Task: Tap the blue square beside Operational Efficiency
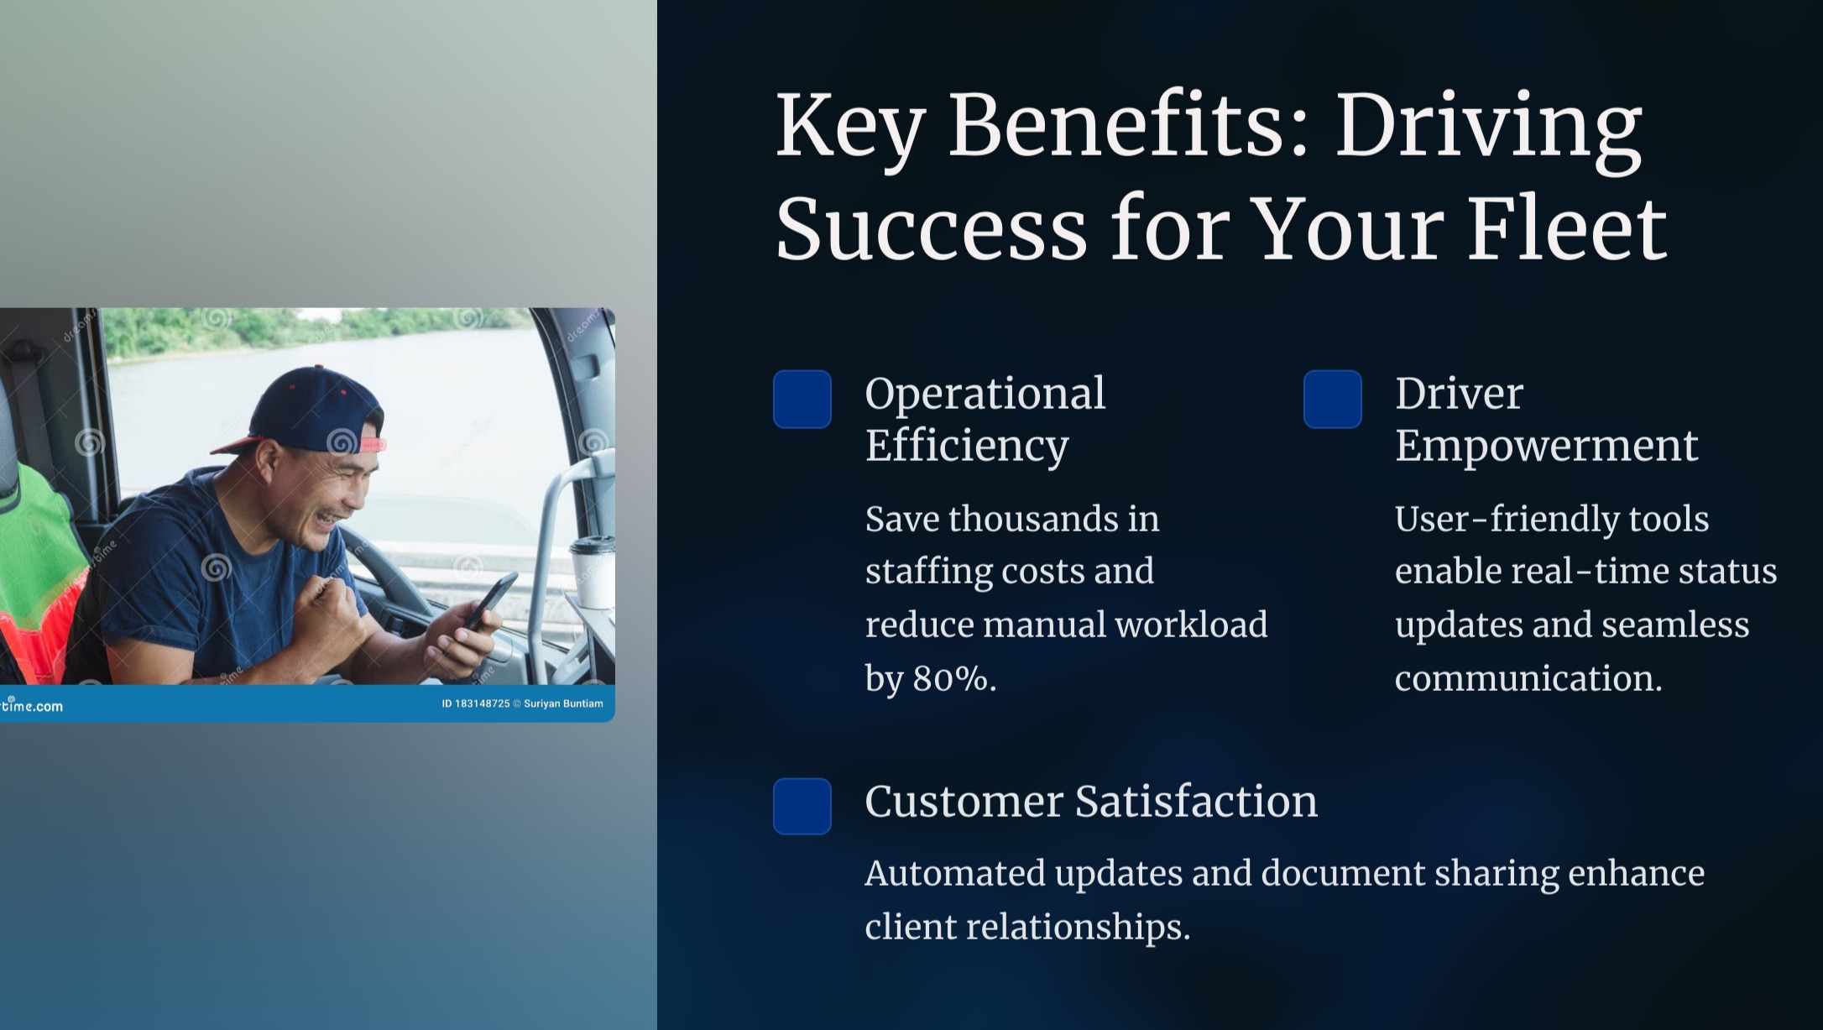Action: coord(802,399)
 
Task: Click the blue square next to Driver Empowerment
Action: coord(1333,399)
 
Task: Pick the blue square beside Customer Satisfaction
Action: coord(802,806)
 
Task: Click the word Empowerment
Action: coord(1546,445)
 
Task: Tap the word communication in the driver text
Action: coord(1528,678)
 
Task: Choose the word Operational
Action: coord(985,394)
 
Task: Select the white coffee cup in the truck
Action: coord(592,573)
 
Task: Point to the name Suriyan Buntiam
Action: coord(563,703)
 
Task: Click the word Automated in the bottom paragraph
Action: coord(955,873)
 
